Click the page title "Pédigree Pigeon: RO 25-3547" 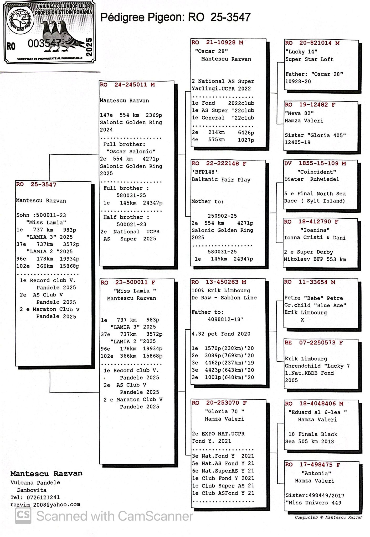tap(175, 18)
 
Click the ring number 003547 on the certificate tap(45, 43)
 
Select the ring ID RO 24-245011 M tap(127, 85)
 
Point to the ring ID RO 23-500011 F tap(128, 282)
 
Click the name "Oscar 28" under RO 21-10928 tap(211, 51)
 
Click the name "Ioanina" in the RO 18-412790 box tap(315, 230)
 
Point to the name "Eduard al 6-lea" tap(317, 412)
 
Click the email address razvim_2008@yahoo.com tap(45, 504)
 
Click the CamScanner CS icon tap(23, 516)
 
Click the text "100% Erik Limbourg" tap(221, 291)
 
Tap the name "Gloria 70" tap(224, 411)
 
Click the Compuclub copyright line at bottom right tap(328, 517)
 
